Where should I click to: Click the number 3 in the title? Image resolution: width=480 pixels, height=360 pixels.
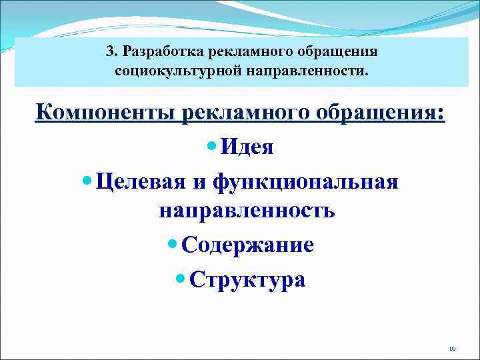[x=110, y=51]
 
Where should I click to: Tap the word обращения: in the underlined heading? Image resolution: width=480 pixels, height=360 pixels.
[x=377, y=111]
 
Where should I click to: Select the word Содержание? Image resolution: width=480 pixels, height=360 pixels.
[x=247, y=245]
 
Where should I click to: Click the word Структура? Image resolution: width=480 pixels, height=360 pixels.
[x=247, y=278]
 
